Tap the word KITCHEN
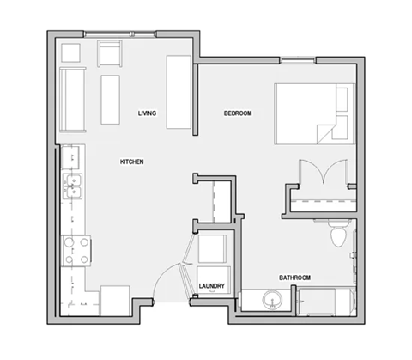pos(131,162)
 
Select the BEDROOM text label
pos(238,113)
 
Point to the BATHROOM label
pos(294,278)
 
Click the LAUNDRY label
pos(211,286)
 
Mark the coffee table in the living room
pos(112,99)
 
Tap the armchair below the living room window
pos(111,54)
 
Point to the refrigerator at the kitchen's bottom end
pos(114,302)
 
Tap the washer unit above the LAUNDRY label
pos(211,251)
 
